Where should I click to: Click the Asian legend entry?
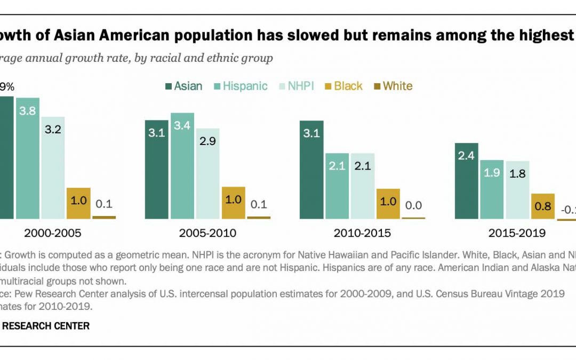point(183,86)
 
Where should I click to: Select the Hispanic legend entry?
point(240,86)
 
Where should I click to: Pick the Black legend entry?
point(343,86)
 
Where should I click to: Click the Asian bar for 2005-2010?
point(157,169)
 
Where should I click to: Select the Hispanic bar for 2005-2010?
point(182,165)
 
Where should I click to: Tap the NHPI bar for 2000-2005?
point(53,167)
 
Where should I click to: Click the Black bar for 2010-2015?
point(388,203)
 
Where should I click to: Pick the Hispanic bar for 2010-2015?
point(337,186)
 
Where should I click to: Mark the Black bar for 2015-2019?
point(542,206)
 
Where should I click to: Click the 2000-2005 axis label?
point(53,233)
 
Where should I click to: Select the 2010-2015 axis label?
point(362,233)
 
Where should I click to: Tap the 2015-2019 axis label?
point(517,233)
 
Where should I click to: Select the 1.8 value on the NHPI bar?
point(517,174)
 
